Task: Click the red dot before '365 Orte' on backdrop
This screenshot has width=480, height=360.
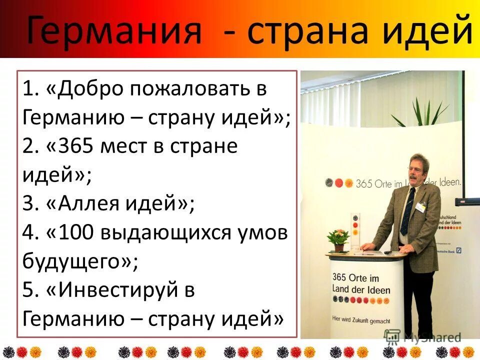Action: tap(339, 183)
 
